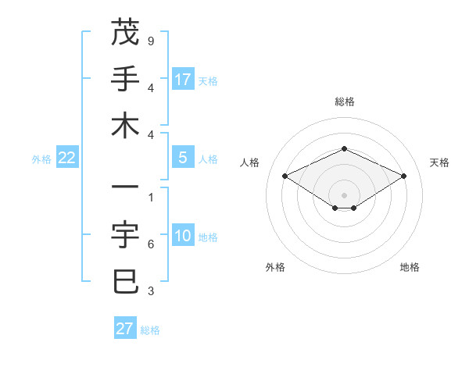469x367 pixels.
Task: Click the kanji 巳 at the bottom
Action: coord(125,281)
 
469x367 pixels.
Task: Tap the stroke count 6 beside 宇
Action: coord(150,244)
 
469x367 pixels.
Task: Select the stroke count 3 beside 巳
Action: coord(150,291)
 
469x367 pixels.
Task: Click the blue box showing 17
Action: coord(183,79)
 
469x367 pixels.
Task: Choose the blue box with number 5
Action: coord(183,158)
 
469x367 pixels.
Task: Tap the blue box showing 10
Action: coord(183,237)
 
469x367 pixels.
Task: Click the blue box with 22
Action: coord(67,158)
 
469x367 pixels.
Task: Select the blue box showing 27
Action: coord(125,329)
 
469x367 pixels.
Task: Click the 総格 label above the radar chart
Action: coord(344,102)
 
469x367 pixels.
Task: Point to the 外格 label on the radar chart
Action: coord(275,267)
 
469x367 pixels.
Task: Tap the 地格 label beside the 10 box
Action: coord(208,237)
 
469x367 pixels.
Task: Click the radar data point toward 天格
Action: coord(403,176)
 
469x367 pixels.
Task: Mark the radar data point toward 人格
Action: coord(285,176)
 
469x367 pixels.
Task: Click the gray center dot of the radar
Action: coord(344,194)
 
